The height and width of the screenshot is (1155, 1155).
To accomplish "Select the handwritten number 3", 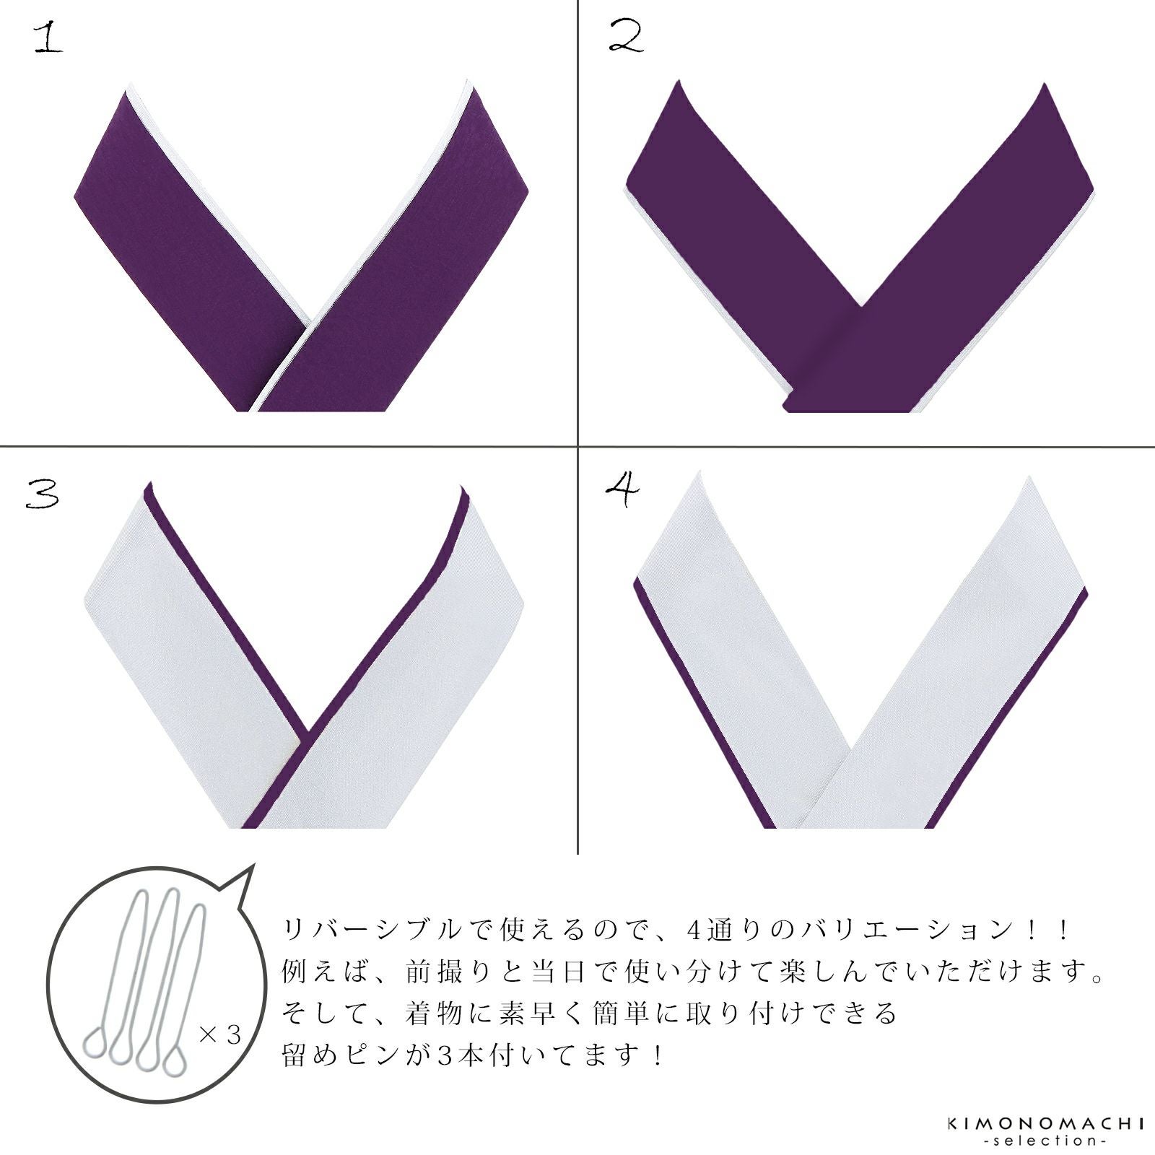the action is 42,495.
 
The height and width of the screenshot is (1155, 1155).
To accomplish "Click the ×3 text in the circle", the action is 219,1035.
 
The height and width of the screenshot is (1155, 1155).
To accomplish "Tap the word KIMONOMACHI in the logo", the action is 1045,1123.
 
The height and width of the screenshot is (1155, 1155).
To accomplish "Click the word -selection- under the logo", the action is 1045,1141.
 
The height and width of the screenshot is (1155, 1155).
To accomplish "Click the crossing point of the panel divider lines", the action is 578,446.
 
